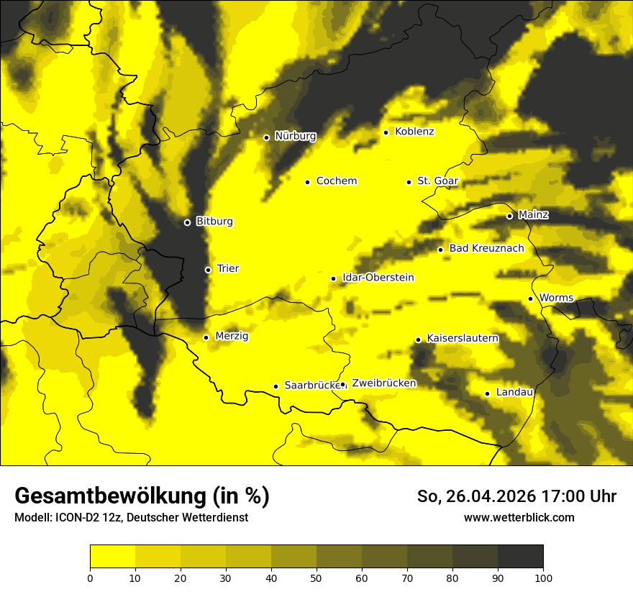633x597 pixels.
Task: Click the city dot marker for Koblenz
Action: coord(386,132)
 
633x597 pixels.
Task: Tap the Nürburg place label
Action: coord(295,136)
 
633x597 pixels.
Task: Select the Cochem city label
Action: coord(337,181)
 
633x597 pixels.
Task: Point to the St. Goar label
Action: coord(437,181)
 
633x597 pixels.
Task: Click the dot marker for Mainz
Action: coord(509,216)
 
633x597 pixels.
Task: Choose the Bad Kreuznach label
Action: coord(486,249)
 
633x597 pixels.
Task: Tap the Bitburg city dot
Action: coord(187,222)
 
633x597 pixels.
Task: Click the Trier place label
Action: coord(228,269)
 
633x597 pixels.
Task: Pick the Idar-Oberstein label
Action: coord(378,278)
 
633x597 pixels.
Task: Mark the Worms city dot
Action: coord(530,298)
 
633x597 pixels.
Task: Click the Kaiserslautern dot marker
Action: coord(418,339)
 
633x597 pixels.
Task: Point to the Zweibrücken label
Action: coord(383,383)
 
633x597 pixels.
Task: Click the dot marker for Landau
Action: coord(487,393)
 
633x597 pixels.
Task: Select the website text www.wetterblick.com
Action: coord(519,517)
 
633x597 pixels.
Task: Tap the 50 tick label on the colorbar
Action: coord(316,577)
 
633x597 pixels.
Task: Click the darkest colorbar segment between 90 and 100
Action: coord(520,556)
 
